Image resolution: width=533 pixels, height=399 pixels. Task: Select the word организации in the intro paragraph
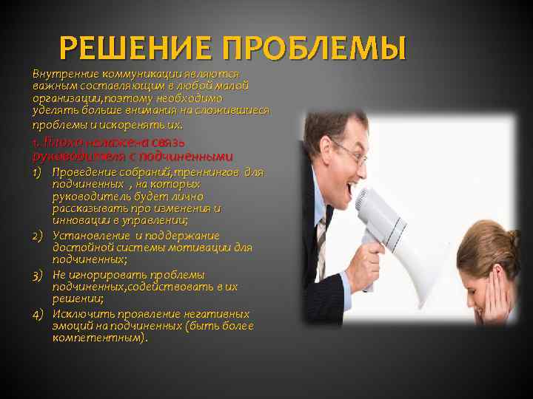(65, 98)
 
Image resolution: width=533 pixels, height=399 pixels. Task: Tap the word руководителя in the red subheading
(76, 156)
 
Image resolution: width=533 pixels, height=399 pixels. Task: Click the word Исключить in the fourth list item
(81, 313)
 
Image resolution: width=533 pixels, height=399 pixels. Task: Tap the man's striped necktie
(323, 236)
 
